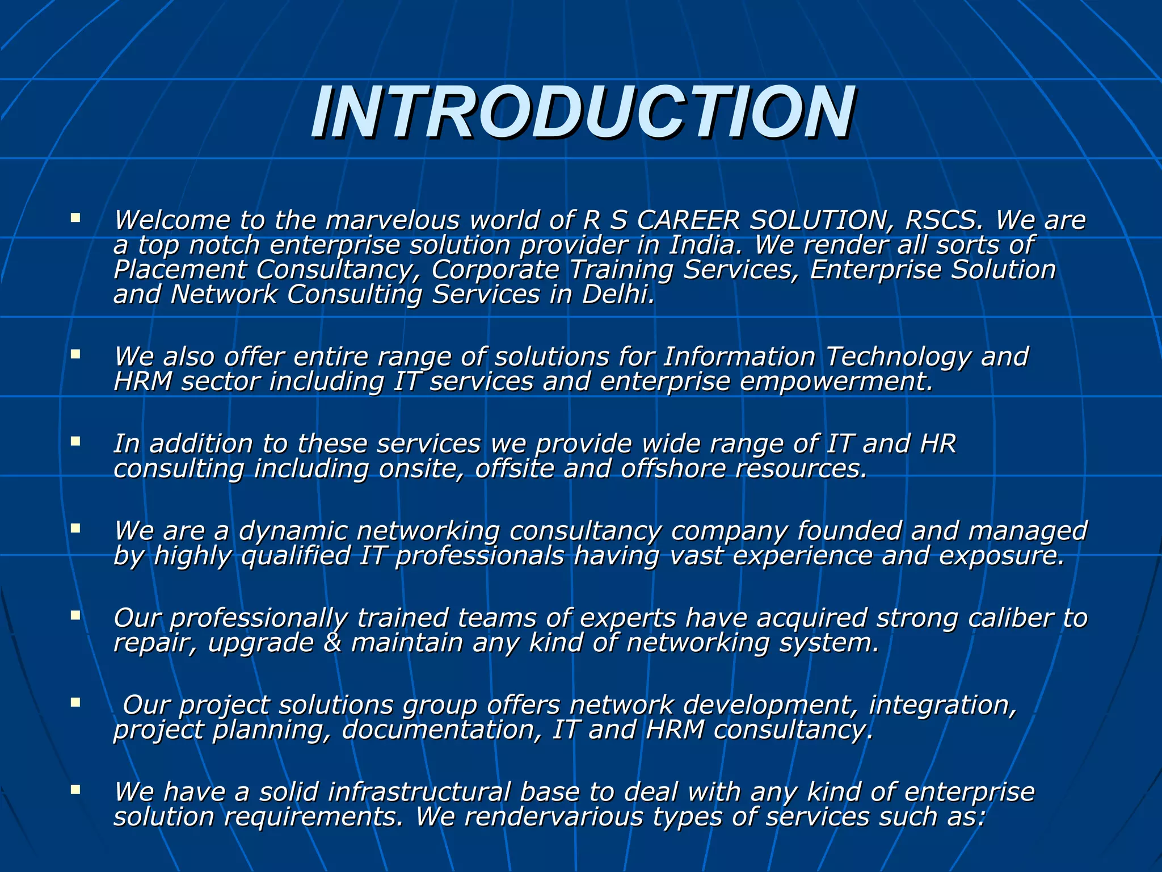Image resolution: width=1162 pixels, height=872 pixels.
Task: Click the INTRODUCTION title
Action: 582,112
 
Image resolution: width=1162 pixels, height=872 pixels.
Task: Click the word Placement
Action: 179,270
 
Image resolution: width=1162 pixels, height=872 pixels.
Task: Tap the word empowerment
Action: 836,381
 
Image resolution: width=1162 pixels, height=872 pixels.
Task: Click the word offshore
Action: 673,469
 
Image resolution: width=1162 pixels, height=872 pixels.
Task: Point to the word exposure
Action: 1002,556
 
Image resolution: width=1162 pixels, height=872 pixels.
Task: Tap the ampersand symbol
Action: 332,643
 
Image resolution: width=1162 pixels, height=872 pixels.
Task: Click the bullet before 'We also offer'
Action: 75,354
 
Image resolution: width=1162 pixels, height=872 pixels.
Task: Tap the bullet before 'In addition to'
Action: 75,441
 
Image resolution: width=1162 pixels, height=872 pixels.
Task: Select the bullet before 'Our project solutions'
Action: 75,702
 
